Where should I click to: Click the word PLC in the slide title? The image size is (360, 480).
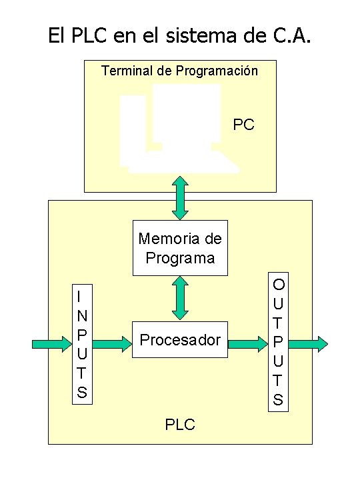click(85, 35)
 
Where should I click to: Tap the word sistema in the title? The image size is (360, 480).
click(201, 35)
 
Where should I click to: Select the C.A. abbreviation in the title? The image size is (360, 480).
click(287, 35)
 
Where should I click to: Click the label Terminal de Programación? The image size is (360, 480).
click(179, 70)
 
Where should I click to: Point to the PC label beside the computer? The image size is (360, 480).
click(243, 125)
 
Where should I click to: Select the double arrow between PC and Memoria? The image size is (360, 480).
click(180, 197)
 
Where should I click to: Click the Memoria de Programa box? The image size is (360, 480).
click(180, 247)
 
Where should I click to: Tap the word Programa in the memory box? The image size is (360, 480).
click(180, 257)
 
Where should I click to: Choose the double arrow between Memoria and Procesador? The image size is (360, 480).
click(180, 297)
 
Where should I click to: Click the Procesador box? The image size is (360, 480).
click(180, 340)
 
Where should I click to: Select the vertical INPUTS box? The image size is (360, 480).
click(81, 344)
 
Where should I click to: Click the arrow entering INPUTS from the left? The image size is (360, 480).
click(52, 344)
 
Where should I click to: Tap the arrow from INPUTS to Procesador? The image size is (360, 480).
click(112, 344)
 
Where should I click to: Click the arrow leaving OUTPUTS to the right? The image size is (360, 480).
click(309, 344)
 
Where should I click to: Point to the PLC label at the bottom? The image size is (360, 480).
click(180, 424)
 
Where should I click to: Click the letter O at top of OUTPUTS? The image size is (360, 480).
click(278, 285)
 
